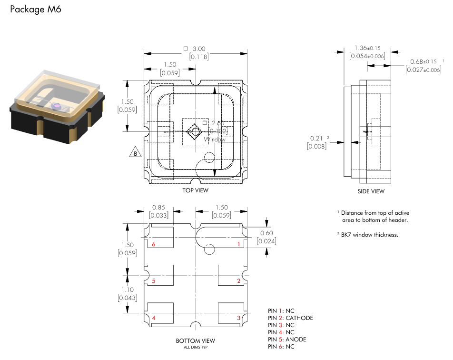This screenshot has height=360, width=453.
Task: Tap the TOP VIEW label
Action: pyautogui.click(x=195, y=190)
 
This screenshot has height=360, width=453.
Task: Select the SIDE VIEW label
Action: pyautogui.click(x=371, y=191)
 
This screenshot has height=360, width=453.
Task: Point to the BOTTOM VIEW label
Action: pyautogui.click(x=195, y=340)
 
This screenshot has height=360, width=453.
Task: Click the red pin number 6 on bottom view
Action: pyautogui.click(x=154, y=244)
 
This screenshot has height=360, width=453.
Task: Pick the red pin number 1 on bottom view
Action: pyautogui.click(x=238, y=244)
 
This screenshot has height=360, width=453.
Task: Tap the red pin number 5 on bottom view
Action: pyautogui.click(x=154, y=281)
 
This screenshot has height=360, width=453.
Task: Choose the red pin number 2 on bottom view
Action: pyautogui.click(x=238, y=281)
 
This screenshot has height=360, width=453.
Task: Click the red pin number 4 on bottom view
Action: pyautogui.click(x=154, y=318)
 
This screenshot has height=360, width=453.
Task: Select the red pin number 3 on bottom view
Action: pyautogui.click(x=238, y=318)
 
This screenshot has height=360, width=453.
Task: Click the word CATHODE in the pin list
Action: pyautogui.click(x=299, y=318)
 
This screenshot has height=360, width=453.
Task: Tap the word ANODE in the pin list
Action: pyautogui.click(x=296, y=340)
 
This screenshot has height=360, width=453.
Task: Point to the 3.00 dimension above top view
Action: pyautogui.click(x=199, y=49)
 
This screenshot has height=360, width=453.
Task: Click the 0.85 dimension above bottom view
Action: pyautogui.click(x=158, y=208)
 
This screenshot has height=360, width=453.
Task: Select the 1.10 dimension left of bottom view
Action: pyautogui.click(x=127, y=290)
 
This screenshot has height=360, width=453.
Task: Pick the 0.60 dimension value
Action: pyautogui.click(x=266, y=233)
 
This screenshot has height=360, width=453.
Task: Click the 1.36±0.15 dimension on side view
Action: pyautogui.click(x=367, y=48)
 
